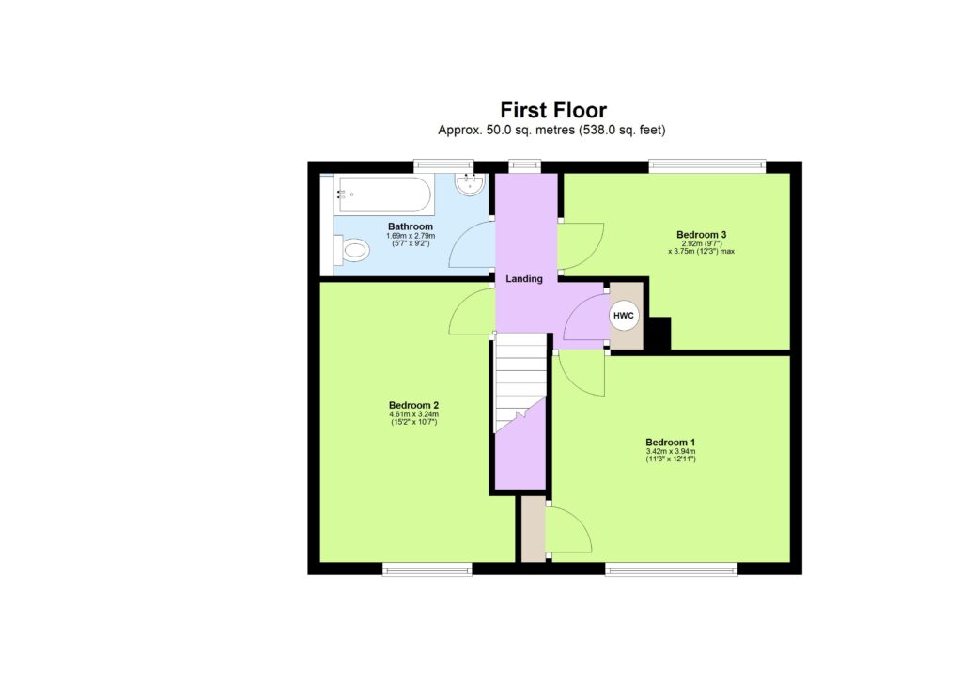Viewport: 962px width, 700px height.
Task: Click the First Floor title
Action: coord(552,110)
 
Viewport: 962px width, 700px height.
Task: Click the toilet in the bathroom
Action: coord(352,250)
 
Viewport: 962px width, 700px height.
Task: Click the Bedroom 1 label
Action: coord(670,442)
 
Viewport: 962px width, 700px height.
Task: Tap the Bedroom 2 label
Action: coord(414,405)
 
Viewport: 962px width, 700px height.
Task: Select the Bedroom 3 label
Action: coord(702,234)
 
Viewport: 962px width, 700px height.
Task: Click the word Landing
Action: coord(524,279)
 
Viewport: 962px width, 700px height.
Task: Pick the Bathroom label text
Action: coord(411,226)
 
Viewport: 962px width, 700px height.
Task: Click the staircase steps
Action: coord(520,381)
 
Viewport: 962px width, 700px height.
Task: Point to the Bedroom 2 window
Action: coord(427,568)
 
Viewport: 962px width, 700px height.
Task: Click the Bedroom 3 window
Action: coord(706,166)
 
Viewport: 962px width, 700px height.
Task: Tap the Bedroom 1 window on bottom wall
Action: coord(671,568)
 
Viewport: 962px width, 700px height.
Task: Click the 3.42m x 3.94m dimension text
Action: coord(670,451)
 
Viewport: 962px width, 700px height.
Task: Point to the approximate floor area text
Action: coord(552,131)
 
